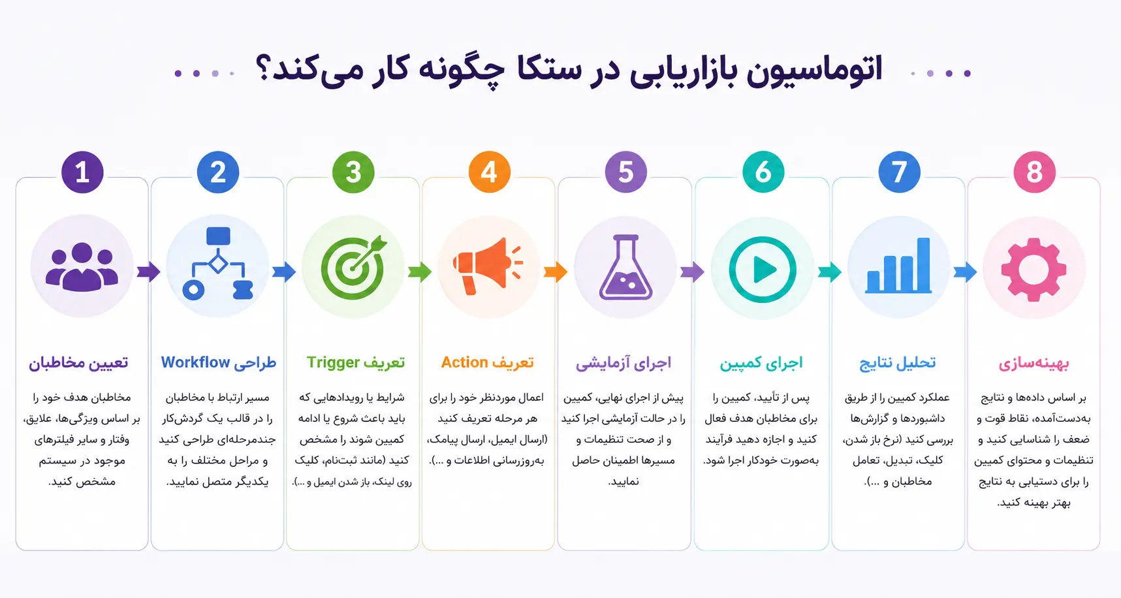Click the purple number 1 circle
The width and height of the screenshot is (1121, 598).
point(82,172)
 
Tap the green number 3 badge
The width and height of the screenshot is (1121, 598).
point(353,172)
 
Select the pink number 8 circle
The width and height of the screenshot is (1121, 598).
point(1034,172)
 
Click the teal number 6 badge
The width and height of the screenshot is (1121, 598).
point(763,172)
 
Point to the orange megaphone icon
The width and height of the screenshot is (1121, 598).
point(488,266)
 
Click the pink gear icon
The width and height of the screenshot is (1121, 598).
point(1034,268)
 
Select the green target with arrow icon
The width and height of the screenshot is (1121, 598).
point(353,266)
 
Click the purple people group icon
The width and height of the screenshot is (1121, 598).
point(82,266)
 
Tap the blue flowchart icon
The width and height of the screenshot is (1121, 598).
point(217,263)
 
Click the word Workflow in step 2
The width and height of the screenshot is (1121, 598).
point(196,362)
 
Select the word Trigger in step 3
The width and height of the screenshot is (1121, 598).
point(334,363)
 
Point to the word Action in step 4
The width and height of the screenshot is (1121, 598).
point(465,362)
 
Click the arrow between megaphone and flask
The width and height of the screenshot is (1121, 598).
point(556,271)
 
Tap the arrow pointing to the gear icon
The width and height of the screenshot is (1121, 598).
point(965,271)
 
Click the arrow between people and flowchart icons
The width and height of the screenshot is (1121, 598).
point(149,271)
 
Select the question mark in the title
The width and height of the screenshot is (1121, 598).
point(262,69)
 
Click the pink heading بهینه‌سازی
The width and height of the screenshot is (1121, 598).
point(1034,363)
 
